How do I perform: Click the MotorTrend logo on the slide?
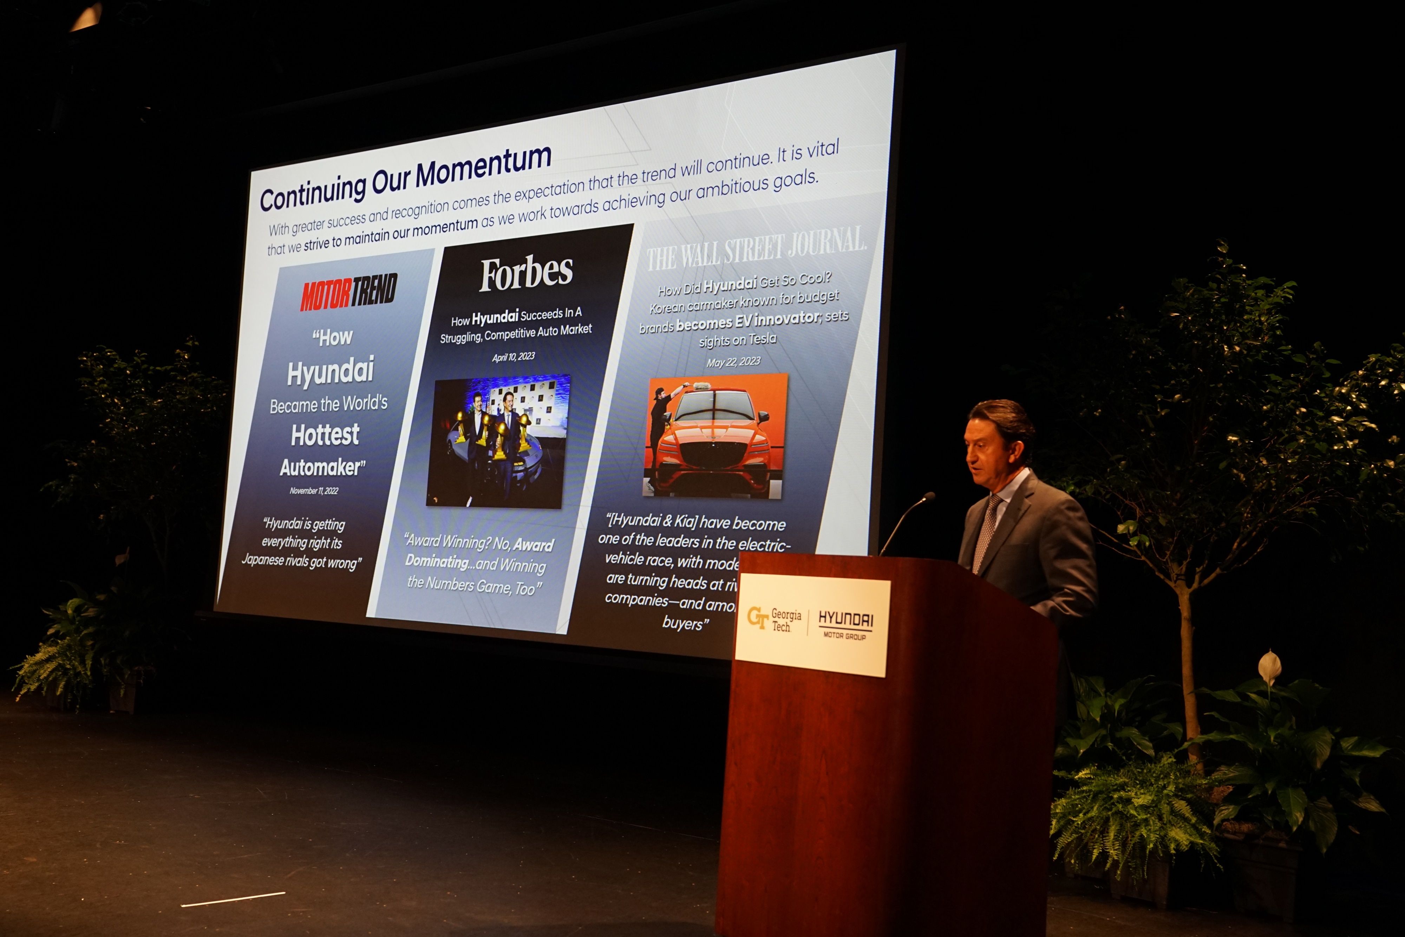point(349,293)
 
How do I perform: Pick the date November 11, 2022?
point(314,490)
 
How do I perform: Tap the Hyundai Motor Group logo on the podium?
point(845,624)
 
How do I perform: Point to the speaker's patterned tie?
point(985,532)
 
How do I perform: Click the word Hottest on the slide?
point(325,435)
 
